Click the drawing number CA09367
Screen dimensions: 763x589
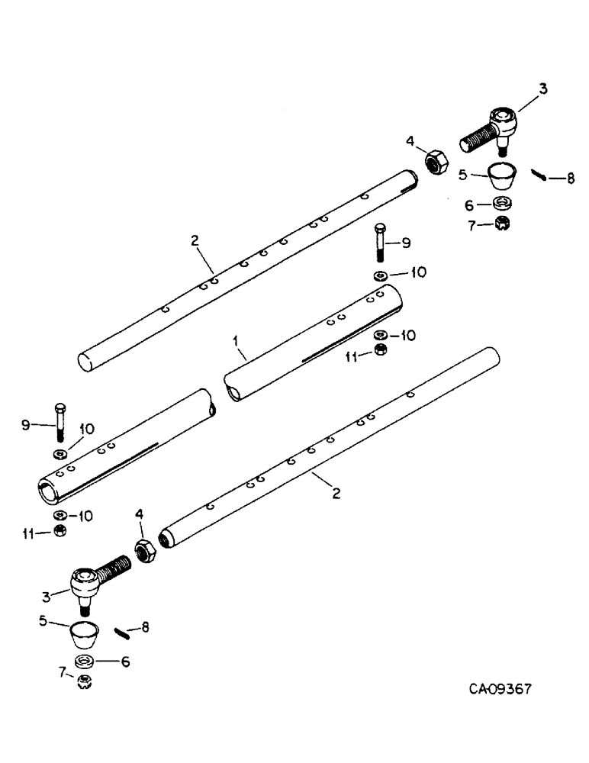click(x=499, y=688)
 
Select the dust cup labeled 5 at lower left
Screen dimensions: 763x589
click(x=85, y=633)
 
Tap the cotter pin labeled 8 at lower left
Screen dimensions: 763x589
click(x=122, y=632)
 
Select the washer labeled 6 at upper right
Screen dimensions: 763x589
click(x=501, y=203)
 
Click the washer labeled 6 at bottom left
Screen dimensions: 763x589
click(x=84, y=660)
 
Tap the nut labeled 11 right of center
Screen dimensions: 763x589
click(x=381, y=351)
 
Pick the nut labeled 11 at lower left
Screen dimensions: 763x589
click(x=59, y=531)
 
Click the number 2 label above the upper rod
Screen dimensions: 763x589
click(x=195, y=240)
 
